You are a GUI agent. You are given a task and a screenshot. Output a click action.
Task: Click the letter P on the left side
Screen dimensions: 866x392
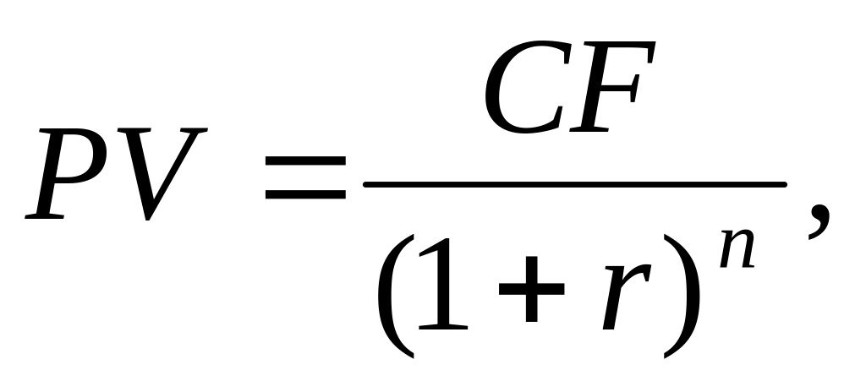pyautogui.click(x=72, y=173)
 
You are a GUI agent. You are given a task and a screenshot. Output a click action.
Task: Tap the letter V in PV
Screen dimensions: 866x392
pyautogui.click(x=165, y=173)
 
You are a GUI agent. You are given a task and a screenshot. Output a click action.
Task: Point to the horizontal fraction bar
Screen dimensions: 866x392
pyautogui.click(x=574, y=183)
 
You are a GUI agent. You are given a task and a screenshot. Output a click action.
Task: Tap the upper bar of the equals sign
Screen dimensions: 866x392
pyautogui.click(x=305, y=160)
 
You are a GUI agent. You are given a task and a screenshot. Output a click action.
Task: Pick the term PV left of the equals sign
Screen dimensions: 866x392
pyautogui.click(x=118, y=173)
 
